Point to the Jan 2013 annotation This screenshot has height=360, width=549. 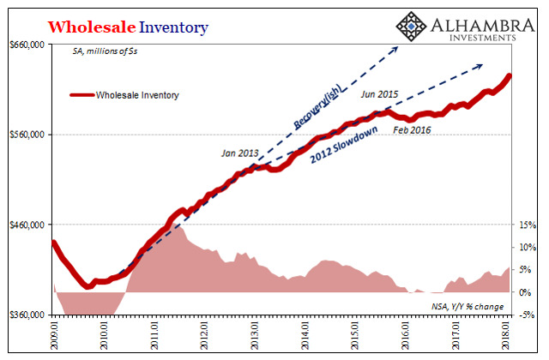(239, 153)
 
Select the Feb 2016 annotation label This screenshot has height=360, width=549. (411, 130)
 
